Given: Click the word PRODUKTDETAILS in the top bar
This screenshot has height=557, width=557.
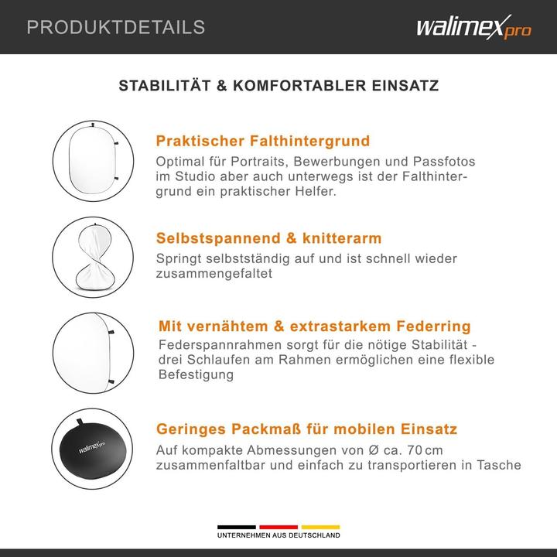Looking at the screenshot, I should point(116,28).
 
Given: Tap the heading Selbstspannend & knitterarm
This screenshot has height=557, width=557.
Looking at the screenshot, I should point(268,238).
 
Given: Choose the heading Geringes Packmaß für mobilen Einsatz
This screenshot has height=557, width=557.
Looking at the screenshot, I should point(307,429).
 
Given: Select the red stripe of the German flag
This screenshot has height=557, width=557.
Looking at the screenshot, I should point(278,527).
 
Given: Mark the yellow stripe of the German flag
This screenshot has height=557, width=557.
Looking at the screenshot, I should point(320,527).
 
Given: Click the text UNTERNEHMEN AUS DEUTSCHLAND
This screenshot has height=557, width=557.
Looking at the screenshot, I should point(278,536).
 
